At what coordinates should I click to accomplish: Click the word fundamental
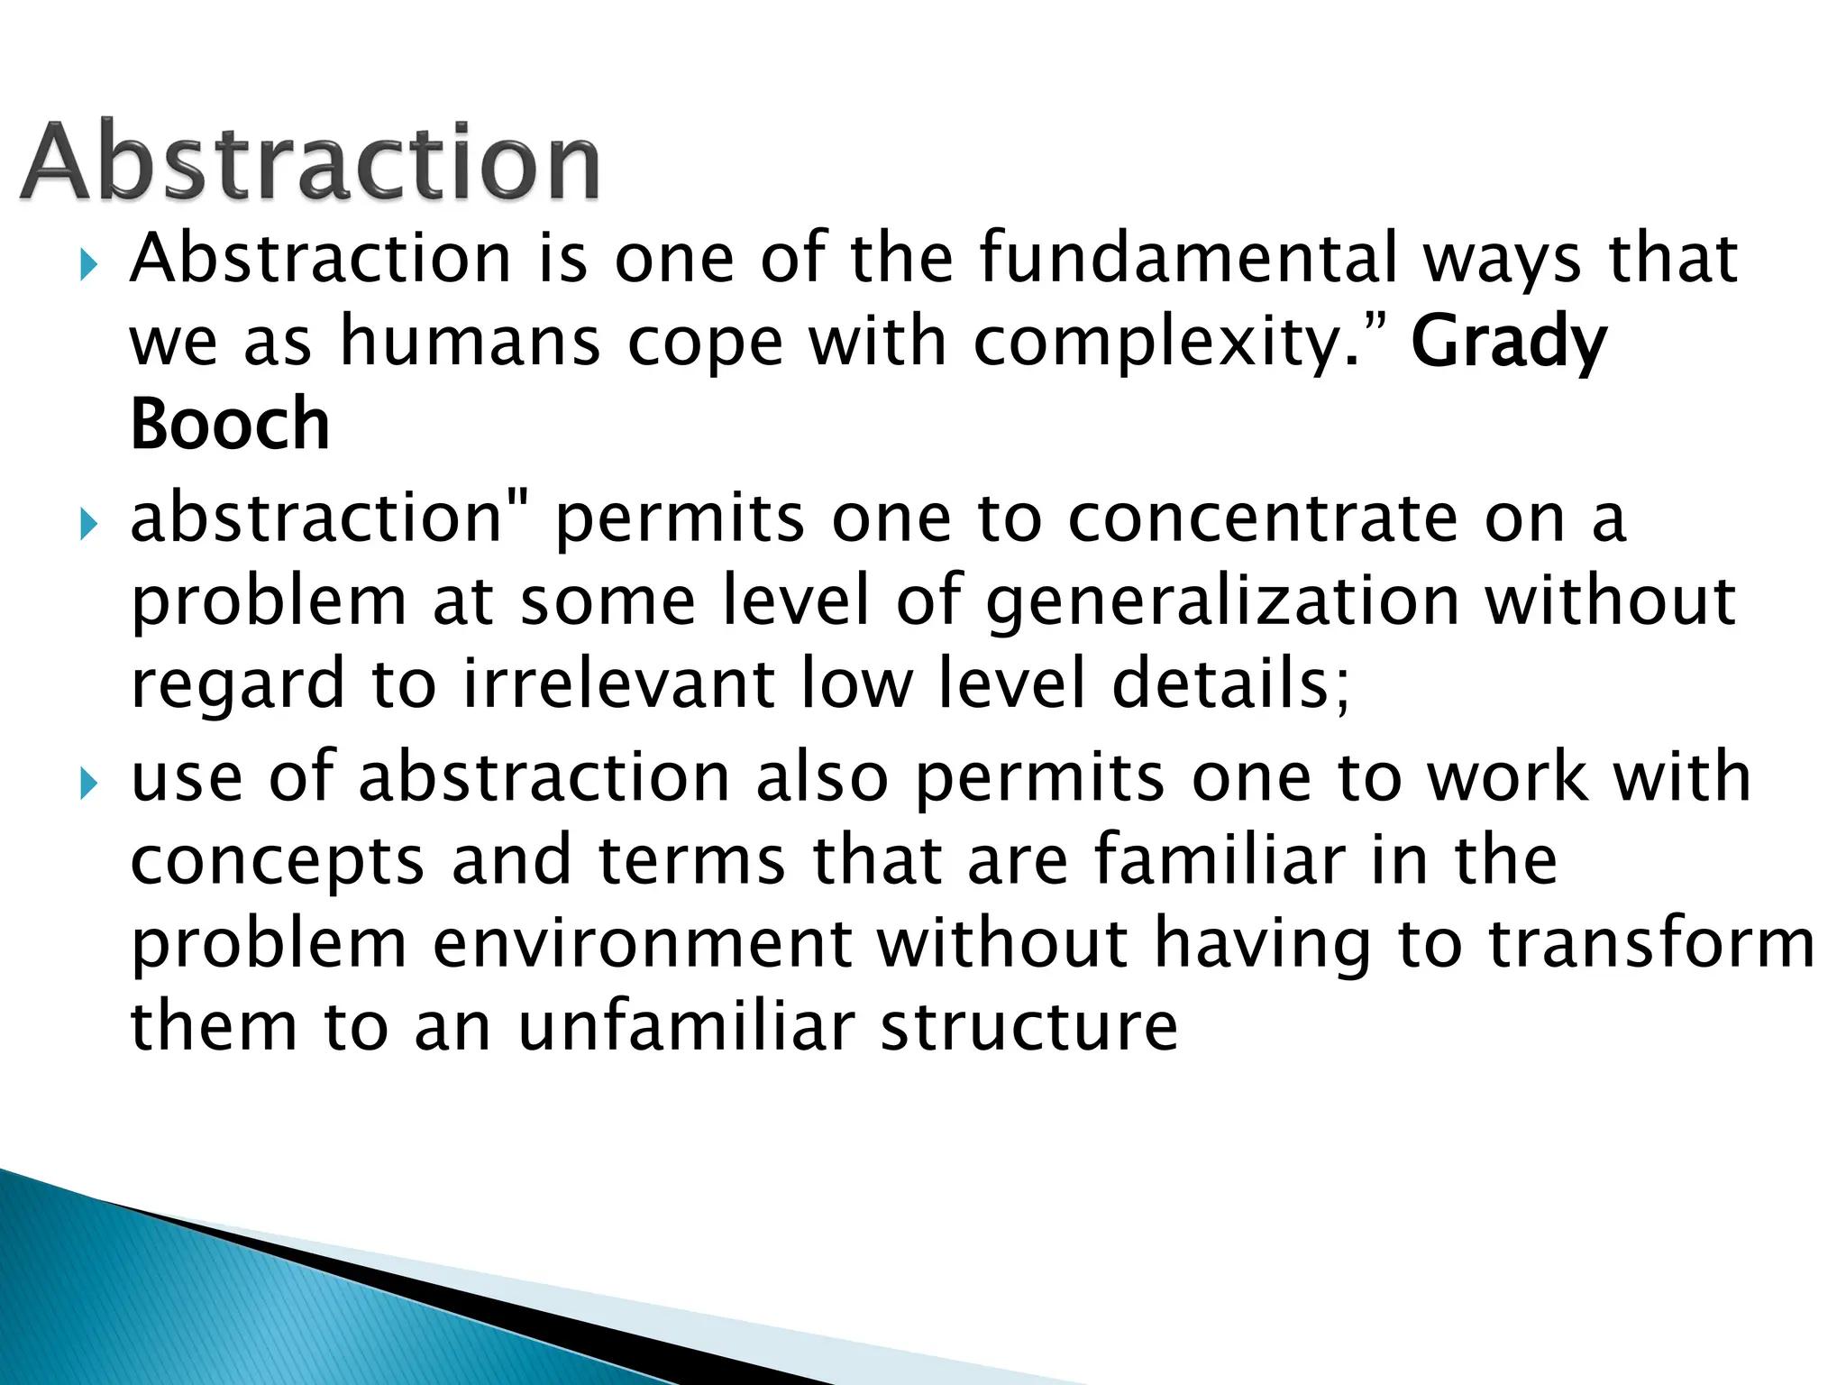click(1188, 258)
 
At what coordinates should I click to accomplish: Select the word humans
click(469, 343)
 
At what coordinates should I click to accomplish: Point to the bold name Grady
click(1509, 343)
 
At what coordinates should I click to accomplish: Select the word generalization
click(1222, 602)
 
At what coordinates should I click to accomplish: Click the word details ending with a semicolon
click(1231, 683)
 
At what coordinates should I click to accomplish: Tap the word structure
click(1028, 1027)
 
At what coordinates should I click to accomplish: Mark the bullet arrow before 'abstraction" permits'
click(87, 524)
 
